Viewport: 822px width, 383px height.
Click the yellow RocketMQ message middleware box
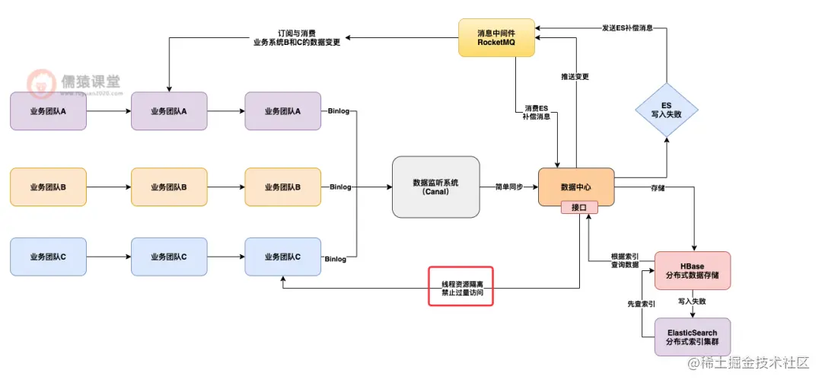tap(496, 38)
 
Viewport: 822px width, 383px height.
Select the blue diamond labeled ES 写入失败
tap(666, 110)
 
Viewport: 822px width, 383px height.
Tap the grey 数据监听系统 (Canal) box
tap(435, 187)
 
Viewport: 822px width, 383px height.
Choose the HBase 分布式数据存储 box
tap(692, 270)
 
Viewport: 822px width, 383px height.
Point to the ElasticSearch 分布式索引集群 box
tap(692, 337)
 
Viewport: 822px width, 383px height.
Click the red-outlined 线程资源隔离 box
tap(461, 286)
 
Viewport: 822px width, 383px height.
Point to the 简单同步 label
tap(508, 187)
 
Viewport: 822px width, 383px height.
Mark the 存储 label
tap(658, 187)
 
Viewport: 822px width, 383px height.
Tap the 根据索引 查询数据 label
tap(624, 261)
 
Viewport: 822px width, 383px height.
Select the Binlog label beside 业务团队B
tap(340, 187)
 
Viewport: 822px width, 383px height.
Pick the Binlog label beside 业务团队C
tap(336, 260)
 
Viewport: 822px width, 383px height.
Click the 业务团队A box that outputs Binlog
tap(283, 111)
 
